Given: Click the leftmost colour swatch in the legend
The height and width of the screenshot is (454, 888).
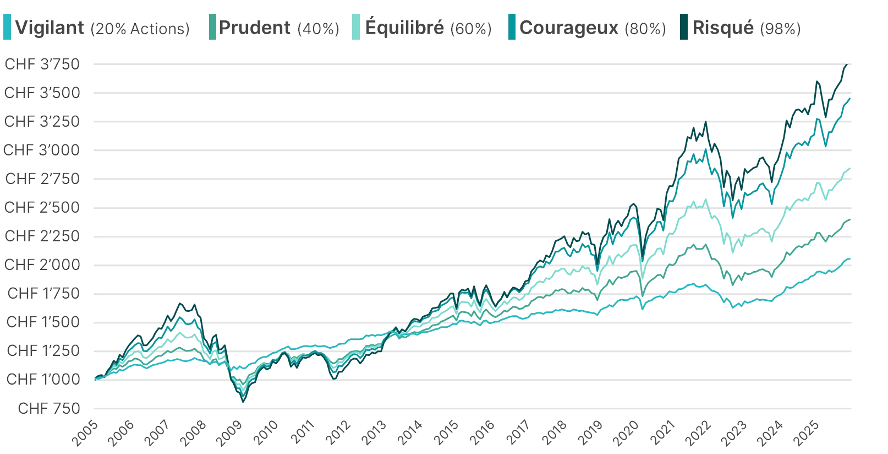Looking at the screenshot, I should (x=8, y=28).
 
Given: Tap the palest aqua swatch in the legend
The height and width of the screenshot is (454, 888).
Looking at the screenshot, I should (x=355, y=28).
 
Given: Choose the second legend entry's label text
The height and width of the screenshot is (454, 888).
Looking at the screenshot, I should (x=279, y=28).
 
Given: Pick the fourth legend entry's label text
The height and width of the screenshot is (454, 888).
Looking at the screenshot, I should (x=593, y=28).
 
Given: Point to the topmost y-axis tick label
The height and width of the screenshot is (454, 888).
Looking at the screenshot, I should (x=42, y=64).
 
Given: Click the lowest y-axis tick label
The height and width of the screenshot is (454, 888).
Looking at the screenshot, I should (x=50, y=408).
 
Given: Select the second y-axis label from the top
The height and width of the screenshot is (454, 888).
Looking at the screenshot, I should (x=42, y=94).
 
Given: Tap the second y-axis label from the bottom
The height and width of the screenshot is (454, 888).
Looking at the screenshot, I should (x=42, y=380).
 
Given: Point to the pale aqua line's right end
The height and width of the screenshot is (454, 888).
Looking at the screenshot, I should (x=851, y=169).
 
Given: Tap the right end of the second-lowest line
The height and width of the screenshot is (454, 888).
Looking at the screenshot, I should (x=851, y=218).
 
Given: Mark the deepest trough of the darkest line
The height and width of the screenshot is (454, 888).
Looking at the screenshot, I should (x=243, y=401).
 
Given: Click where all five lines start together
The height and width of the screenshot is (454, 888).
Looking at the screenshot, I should (x=95, y=379).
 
